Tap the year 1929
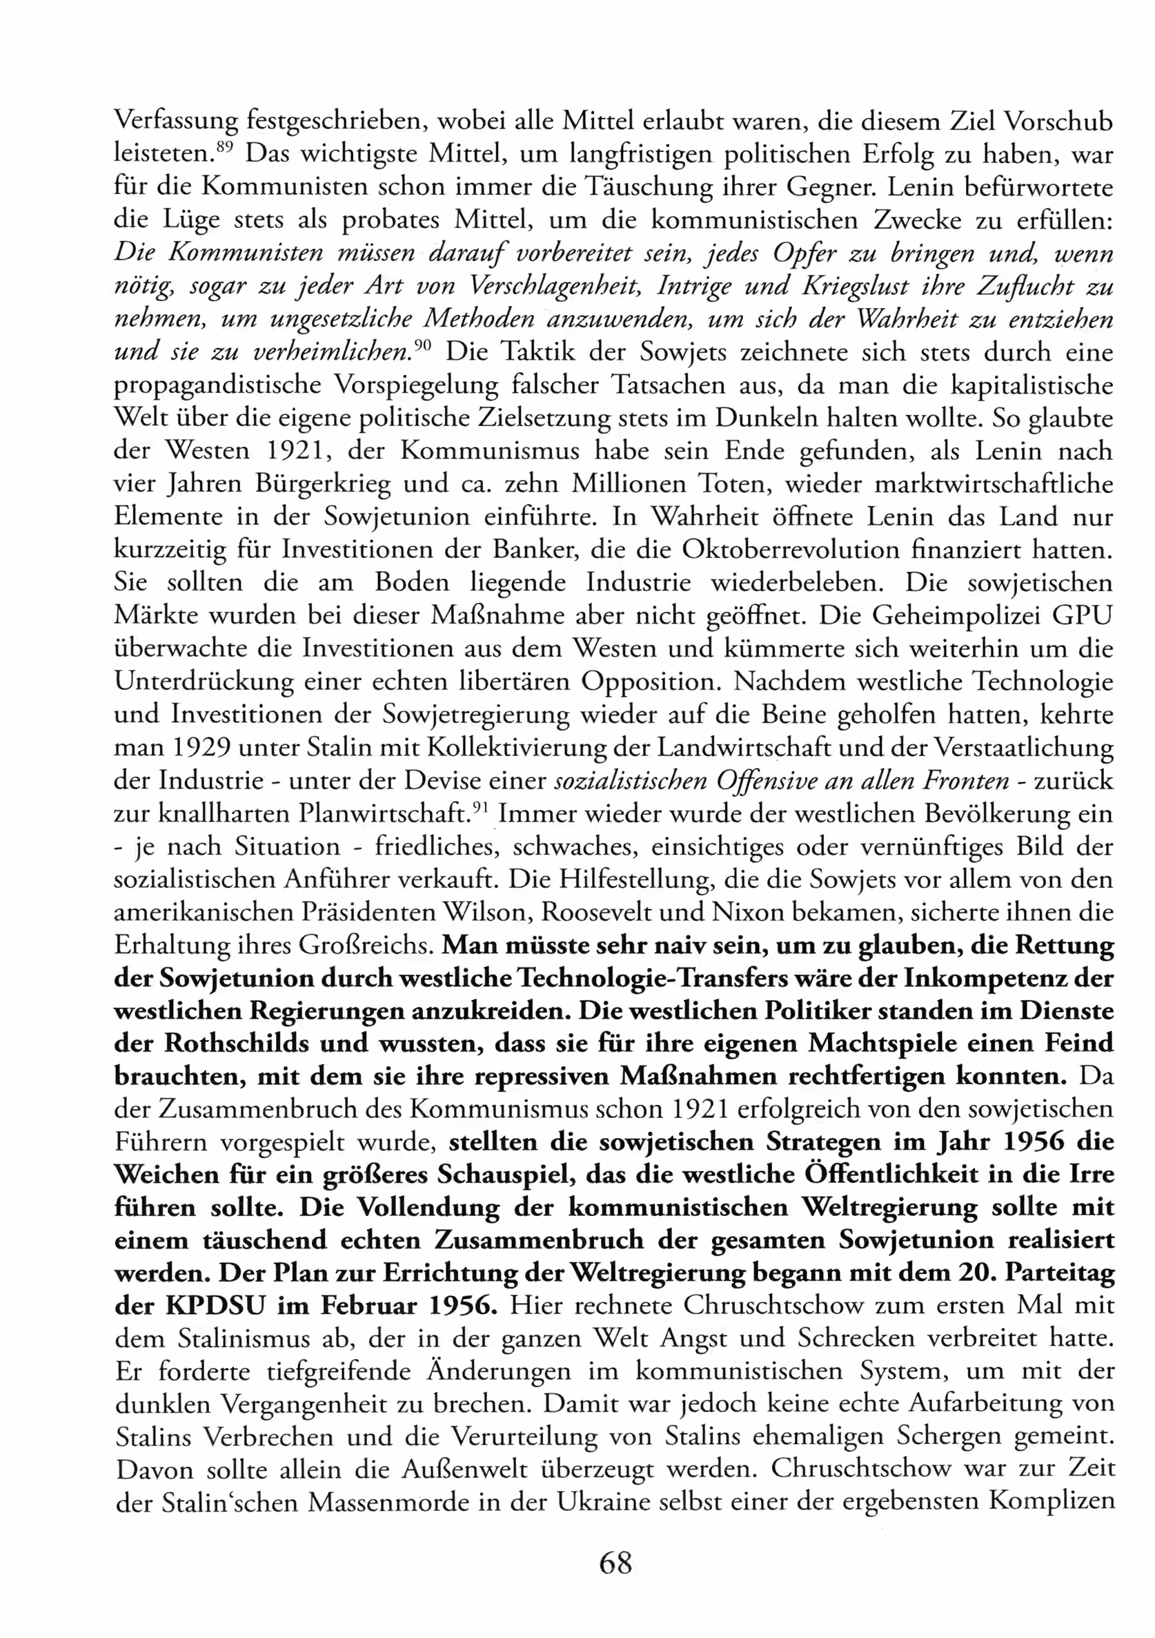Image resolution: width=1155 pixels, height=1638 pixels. (201, 747)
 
